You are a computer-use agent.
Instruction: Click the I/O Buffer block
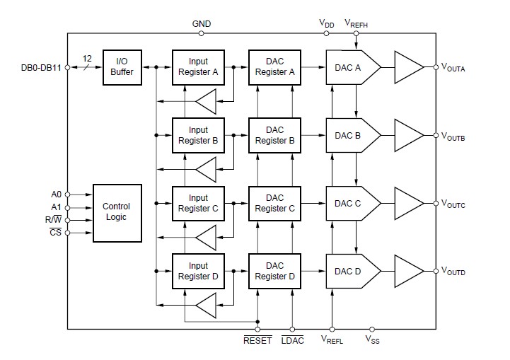coord(122,67)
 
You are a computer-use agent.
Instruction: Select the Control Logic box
coord(117,211)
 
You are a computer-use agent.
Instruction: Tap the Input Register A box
coord(199,67)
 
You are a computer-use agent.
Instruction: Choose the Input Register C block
coord(199,204)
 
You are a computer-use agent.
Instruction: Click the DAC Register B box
coord(275,135)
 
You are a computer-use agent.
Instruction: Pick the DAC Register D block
coord(275,271)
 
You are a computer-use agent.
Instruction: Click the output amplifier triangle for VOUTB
coord(408,135)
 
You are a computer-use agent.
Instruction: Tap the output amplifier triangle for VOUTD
coord(408,271)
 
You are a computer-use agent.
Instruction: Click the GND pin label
coord(202,23)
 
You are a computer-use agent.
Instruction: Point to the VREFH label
coord(356,23)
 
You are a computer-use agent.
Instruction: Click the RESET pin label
coord(257,341)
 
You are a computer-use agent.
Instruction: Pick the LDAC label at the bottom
coord(292,341)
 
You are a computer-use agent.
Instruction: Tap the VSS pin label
coord(372,341)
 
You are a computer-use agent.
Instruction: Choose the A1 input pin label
coord(57,207)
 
